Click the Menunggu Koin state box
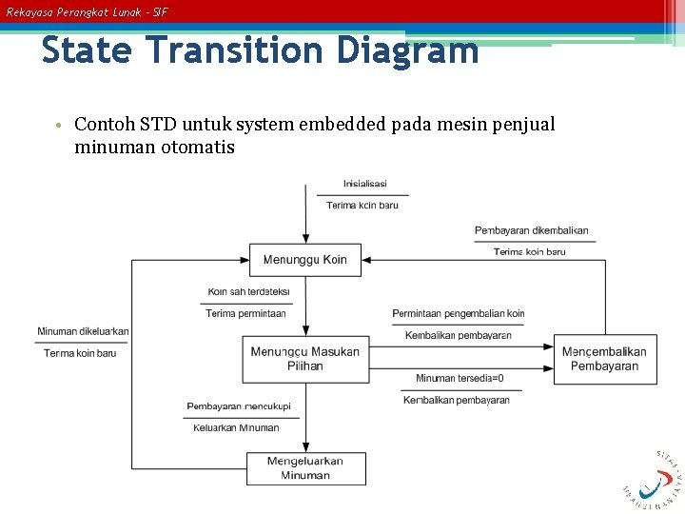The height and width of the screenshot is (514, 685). pos(304,260)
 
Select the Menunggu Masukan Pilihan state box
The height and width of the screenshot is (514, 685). pos(304,359)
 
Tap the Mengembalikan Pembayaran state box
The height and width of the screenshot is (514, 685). pos(604,359)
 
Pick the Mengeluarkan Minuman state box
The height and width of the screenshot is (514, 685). pos(304,468)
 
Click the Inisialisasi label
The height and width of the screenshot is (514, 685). pos(364,184)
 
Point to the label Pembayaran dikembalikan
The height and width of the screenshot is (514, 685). pos(531,230)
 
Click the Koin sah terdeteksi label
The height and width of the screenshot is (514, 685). pos(248,291)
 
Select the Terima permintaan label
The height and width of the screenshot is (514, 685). pos(245,313)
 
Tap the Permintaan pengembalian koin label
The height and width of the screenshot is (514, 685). pos(458,313)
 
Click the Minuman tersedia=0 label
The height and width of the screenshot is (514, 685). pos(460,378)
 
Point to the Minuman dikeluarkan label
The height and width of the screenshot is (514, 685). pos(83,331)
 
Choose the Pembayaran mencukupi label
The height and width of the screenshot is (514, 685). pos(238,406)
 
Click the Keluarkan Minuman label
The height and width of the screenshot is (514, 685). pos(236,427)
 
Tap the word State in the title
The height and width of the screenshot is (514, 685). pos(86,49)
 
